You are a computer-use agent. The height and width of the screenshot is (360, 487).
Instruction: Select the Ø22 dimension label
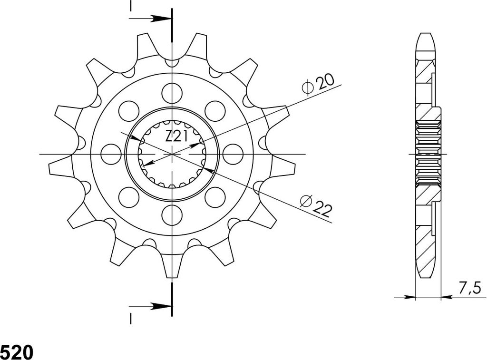[315, 207]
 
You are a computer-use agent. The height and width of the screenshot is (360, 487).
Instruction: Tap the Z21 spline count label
[175, 136]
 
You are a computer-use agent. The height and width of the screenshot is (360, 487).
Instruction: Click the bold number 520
[16, 352]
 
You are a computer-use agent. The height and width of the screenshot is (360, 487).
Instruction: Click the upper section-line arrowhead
[162, 19]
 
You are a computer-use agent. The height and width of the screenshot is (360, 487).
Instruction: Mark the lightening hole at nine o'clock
[110, 153]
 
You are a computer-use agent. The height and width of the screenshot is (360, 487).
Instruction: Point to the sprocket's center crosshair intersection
[171, 154]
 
